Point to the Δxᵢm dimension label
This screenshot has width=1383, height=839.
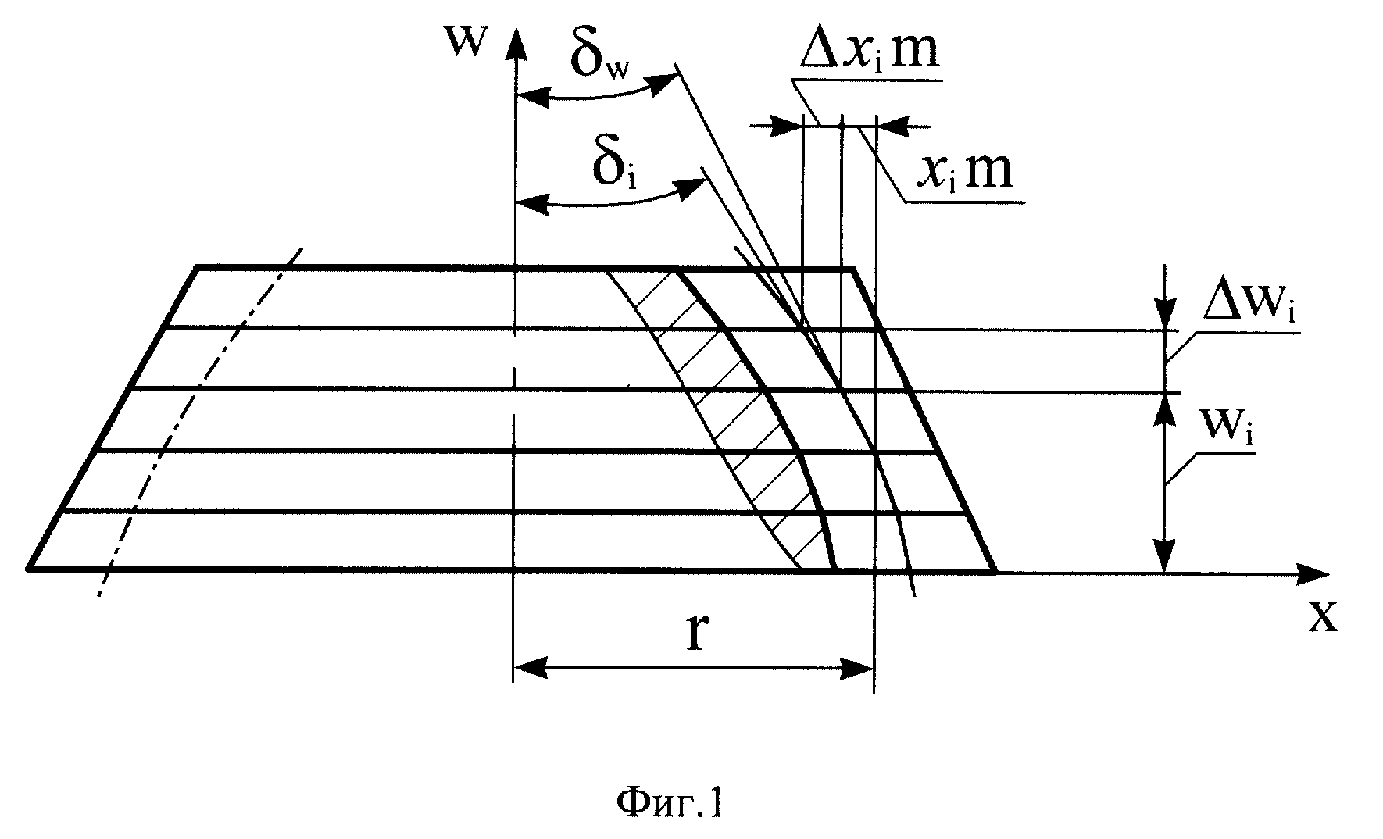click(869, 52)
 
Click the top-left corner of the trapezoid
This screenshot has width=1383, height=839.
click(197, 268)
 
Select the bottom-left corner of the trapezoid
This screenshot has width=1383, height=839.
click(29, 569)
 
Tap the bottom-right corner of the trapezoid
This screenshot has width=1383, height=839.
click(995, 570)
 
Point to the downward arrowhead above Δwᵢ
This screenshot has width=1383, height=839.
click(1165, 312)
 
